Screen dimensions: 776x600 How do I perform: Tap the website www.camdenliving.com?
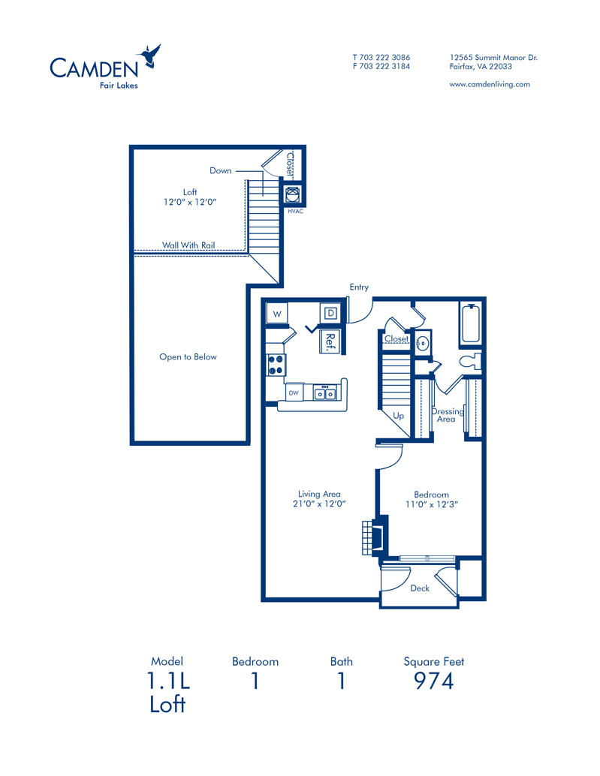(x=489, y=84)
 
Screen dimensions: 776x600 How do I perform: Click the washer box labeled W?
(x=277, y=313)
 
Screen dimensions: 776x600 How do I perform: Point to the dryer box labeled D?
(x=330, y=312)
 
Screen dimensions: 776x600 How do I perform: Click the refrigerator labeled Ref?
(x=330, y=340)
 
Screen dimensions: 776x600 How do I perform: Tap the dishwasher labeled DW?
(x=294, y=393)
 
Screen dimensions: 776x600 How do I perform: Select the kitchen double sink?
(x=325, y=393)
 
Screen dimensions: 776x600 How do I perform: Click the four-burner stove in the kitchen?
(x=276, y=364)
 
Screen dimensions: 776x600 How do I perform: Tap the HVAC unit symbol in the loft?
(x=293, y=195)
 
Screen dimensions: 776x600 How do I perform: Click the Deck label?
(x=420, y=588)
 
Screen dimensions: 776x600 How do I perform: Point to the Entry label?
(x=359, y=287)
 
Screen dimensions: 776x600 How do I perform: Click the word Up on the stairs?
(x=399, y=415)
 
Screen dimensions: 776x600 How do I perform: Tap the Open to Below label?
(x=188, y=356)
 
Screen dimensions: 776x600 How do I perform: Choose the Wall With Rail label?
(x=188, y=245)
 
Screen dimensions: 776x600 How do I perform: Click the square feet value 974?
(x=434, y=681)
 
